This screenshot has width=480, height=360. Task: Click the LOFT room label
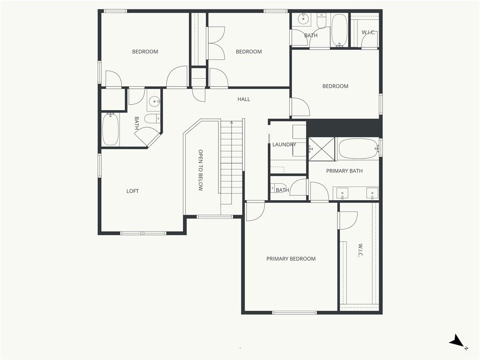click(133, 191)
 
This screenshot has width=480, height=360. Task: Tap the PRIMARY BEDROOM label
click(291, 259)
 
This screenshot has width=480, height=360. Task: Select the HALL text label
click(244, 99)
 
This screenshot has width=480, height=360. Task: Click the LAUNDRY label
click(284, 144)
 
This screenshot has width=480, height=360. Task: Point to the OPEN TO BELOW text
click(201, 170)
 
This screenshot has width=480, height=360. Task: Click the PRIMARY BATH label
click(345, 171)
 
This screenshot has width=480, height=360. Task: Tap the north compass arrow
click(457, 340)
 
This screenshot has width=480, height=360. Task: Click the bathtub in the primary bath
click(358, 149)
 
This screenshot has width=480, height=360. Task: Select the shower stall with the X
click(322, 149)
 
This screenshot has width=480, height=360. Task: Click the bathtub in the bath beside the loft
click(110, 129)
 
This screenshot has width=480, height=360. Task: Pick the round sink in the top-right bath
click(303, 19)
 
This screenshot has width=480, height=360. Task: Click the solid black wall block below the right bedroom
click(345, 128)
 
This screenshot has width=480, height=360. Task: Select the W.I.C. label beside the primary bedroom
click(360, 250)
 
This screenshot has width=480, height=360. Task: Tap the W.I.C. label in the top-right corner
click(368, 32)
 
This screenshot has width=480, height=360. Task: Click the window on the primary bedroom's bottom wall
click(294, 313)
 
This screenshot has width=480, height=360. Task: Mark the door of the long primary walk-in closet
click(348, 220)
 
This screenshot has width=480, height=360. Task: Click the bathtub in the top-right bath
click(339, 30)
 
